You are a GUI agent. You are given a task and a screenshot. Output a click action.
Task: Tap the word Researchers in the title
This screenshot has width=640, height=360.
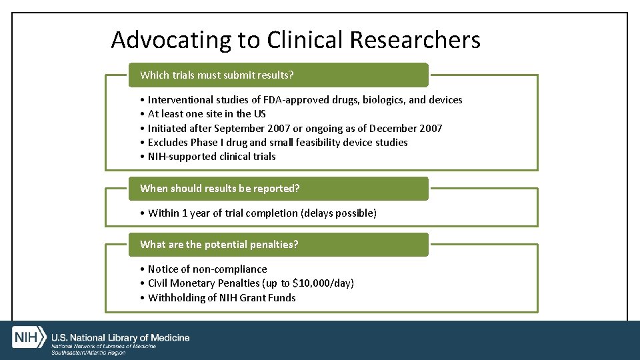415,40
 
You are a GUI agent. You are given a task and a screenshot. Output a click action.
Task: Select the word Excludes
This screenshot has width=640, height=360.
168,143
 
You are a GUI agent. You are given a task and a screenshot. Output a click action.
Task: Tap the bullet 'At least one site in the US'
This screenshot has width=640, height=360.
207,114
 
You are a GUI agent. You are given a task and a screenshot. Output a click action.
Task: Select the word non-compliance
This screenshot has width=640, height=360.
229,269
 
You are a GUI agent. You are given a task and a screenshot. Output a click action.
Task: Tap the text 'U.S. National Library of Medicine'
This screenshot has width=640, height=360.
121,338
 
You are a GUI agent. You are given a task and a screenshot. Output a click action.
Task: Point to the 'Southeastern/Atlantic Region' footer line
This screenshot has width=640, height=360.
88,353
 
